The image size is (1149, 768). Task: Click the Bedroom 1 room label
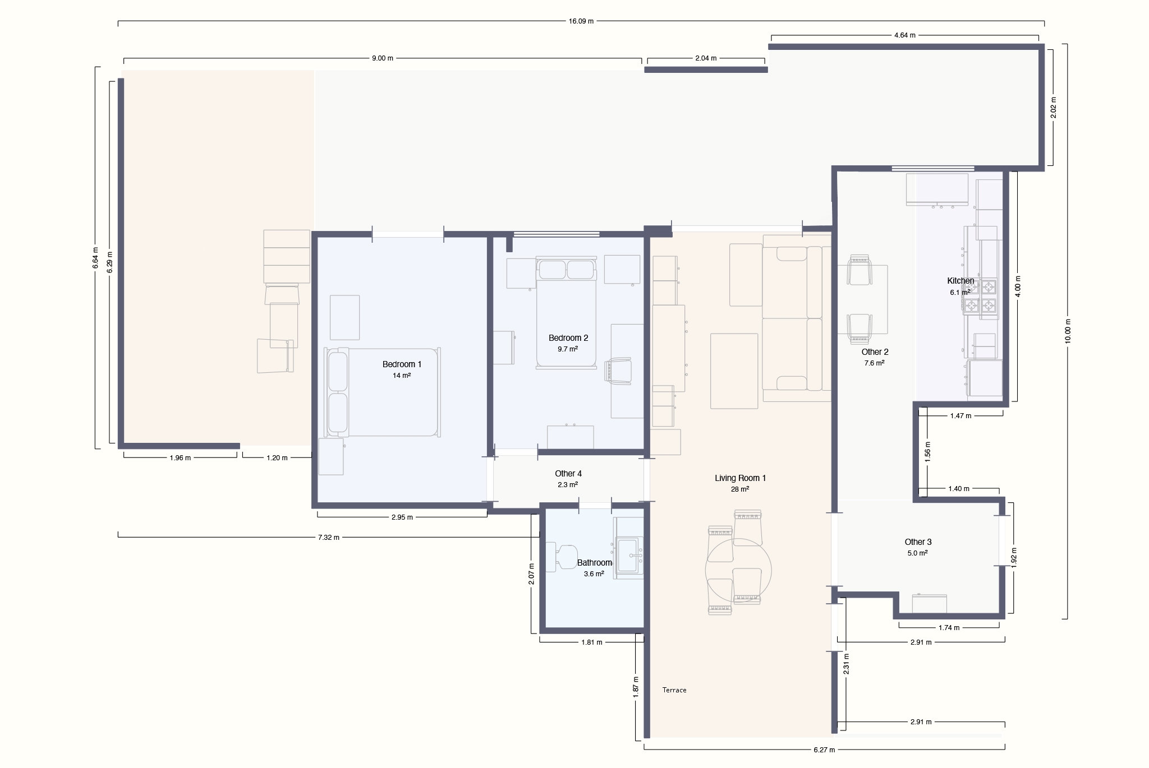click(402, 364)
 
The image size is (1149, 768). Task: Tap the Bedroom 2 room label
click(568, 338)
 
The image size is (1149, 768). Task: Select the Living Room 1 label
click(740, 478)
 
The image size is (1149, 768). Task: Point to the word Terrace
click(674, 690)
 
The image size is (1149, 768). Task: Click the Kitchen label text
click(960, 281)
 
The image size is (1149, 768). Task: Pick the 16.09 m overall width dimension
click(581, 21)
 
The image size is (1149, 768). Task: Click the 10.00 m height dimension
click(1068, 331)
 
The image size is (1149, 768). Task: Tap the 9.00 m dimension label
click(383, 58)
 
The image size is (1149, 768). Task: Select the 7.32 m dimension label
click(329, 538)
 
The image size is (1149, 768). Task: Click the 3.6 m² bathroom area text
click(594, 574)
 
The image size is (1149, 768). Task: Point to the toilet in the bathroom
click(562, 557)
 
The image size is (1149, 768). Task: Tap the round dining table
click(738, 571)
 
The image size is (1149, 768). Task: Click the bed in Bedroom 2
click(566, 313)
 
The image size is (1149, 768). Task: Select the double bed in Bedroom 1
click(383, 392)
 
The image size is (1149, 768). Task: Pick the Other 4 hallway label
click(568, 474)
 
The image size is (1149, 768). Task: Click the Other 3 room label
click(918, 542)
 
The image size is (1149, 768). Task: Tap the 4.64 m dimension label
click(904, 35)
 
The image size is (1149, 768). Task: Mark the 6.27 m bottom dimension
click(824, 750)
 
